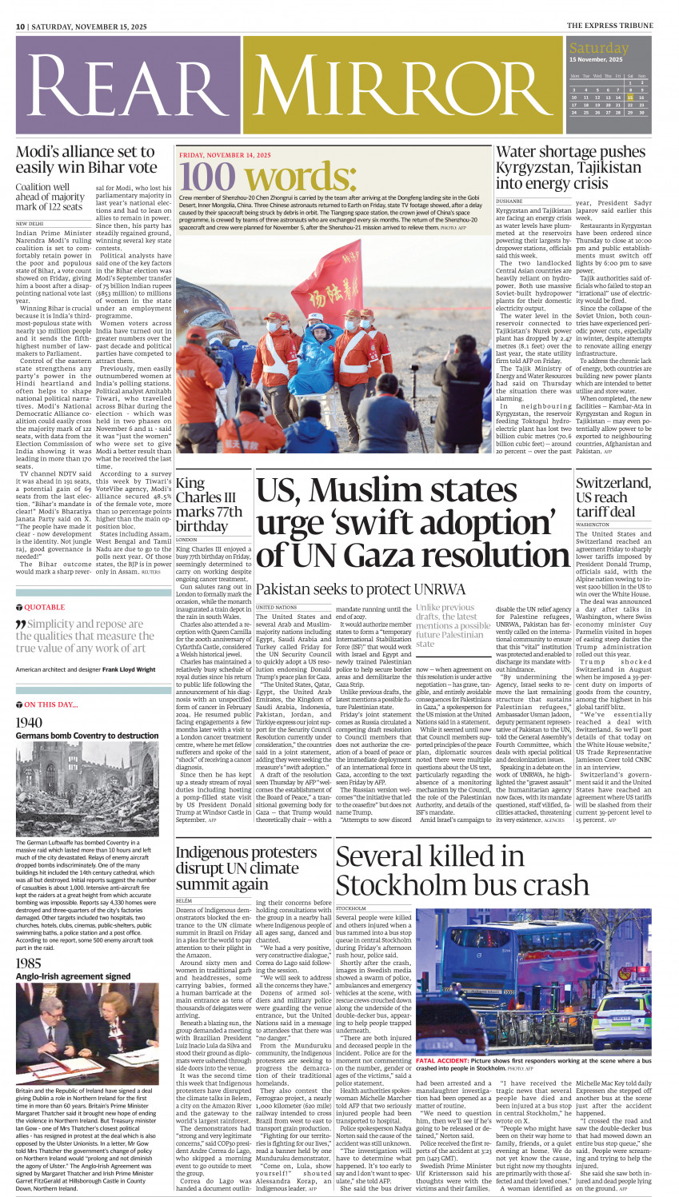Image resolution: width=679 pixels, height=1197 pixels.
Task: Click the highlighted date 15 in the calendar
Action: click(630, 98)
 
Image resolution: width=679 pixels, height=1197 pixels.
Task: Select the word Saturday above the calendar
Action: click(599, 48)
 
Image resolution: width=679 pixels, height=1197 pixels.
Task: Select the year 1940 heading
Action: click(29, 723)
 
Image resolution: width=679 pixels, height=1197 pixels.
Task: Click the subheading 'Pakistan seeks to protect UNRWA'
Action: click(360, 589)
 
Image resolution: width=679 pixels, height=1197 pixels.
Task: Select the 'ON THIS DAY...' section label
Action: click(51, 704)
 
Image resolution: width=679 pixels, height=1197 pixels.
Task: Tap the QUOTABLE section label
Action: click(44, 608)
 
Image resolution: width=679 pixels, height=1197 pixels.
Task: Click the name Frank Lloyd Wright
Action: click(123, 669)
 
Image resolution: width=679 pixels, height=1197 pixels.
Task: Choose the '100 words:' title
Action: click(251, 176)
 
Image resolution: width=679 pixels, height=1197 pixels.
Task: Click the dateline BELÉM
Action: click(184, 900)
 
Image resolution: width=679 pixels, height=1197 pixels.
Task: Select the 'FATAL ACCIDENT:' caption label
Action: click(441, 1061)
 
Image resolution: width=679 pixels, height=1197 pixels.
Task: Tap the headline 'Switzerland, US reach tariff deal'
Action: click(613, 497)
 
